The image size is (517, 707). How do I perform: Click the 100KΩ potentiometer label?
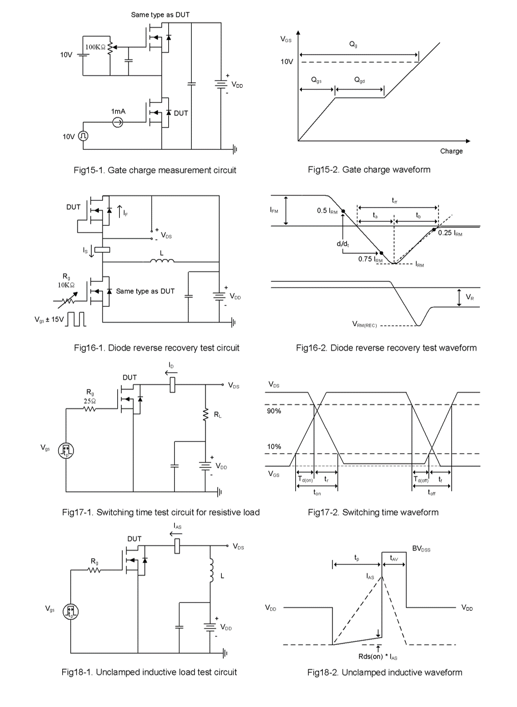pyautogui.click(x=95, y=47)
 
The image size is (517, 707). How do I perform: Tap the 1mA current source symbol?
pyautogui.click(x=118, y=122)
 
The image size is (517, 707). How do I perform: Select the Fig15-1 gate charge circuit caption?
pyautogui.click(x=155, y=170)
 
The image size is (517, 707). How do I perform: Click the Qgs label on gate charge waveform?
pyautogui.click(x=316, y=81)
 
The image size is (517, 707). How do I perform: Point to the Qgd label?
pyautogui.click(x=359, y=81)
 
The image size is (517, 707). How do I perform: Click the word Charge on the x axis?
pyautogui.click(x=451, y=151)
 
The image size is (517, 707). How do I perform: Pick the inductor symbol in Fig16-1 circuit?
pyautogui.click(x=162, y=261)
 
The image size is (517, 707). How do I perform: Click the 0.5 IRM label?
pyautogui.click(x=327, y=211)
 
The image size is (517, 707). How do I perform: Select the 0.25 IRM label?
pyautogui.click(x=450, y=233)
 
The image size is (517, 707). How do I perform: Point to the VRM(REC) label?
pyautogui.click(x=365, y=324)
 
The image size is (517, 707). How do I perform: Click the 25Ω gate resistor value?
pyautogui.click(x=90, y=401)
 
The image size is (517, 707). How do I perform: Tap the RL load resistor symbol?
pyautogui.click(x=206, y=415)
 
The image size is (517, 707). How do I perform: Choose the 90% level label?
pyautogui.click(x=274, y=411)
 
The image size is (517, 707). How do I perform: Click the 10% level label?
pyautogui.click(x=274, y=447)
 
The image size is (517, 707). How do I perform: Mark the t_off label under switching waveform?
pyautogui.click(x=431, y=493)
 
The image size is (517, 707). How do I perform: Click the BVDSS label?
pyautogui.click(x=421, y=549)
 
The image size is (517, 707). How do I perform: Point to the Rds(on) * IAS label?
pyautogui.click(x=378, y=657)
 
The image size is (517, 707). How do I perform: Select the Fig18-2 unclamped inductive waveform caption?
pyautogui.click(x=384, y=673)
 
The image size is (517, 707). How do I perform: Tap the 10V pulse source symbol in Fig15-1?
pyautogui.click(x=83, y=136)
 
